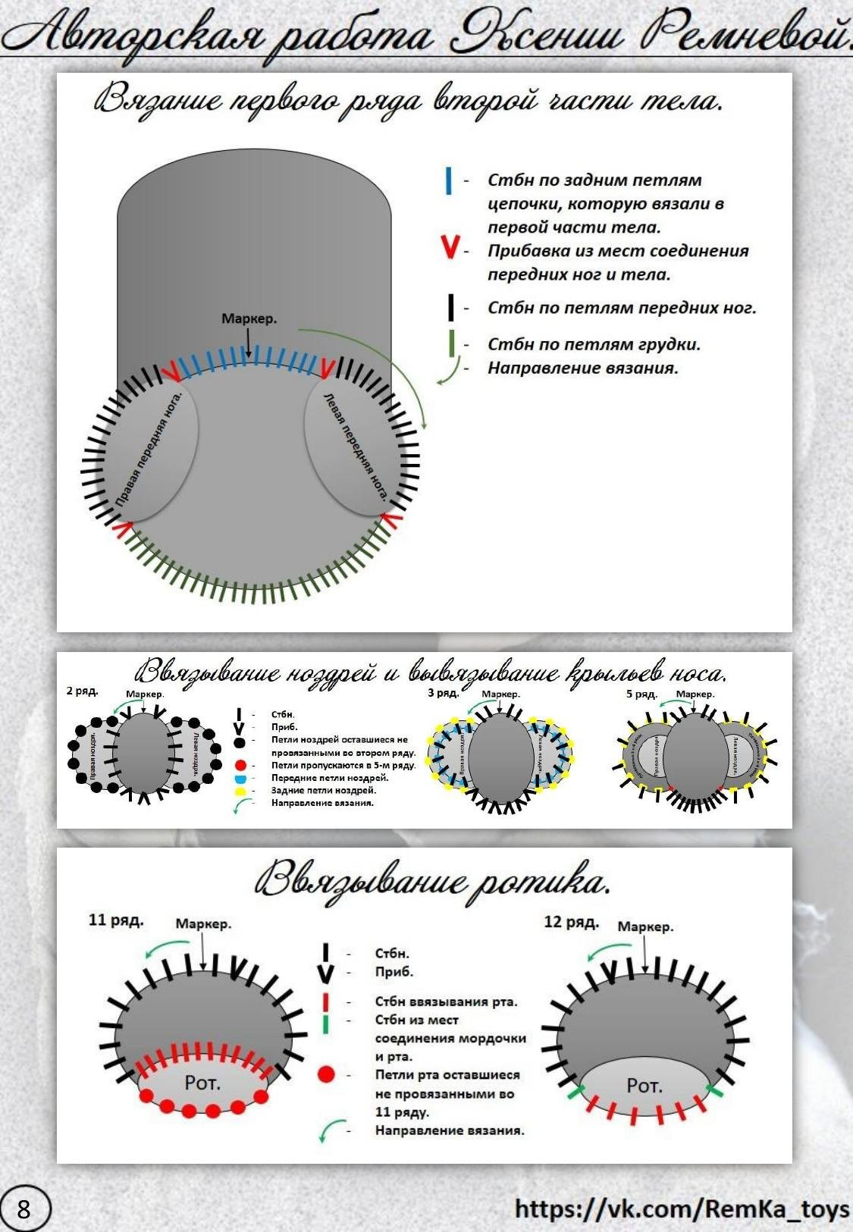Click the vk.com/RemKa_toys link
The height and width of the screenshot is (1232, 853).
pyautogui.click(x=682, y=1208)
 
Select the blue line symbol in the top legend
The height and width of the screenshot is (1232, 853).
pyautogui.click(x=449, y=180)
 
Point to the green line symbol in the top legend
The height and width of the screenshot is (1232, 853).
pyautogui.click(x=452, y=343)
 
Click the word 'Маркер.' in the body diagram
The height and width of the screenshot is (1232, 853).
pyautogui.click(x=249, y=319)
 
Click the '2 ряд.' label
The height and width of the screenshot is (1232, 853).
pyautogui.click(x=81, y=691)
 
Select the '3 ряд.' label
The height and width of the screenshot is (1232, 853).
pyautogui.click(x=444, y=693)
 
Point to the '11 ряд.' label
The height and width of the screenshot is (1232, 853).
pyautogui.click(x=116, y=920)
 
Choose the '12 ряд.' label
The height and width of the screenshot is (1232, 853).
pyautogui.click(x=571, y=922)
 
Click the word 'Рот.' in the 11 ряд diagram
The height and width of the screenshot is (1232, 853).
pyautogui.click(x=202, y=1083)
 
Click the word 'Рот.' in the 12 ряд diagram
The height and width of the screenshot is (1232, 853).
pyautogui.click(x=644, y=1086)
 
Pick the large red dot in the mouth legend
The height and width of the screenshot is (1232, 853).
pyautogui.click(x=326, y=1074)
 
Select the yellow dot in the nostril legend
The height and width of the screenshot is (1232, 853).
pyautogui.click(x=240, y=791)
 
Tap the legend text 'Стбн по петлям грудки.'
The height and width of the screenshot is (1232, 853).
pyautogui.click(x=594, y=344)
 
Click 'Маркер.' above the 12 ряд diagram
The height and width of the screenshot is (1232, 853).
pyautogui.click(x=645, y=926)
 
